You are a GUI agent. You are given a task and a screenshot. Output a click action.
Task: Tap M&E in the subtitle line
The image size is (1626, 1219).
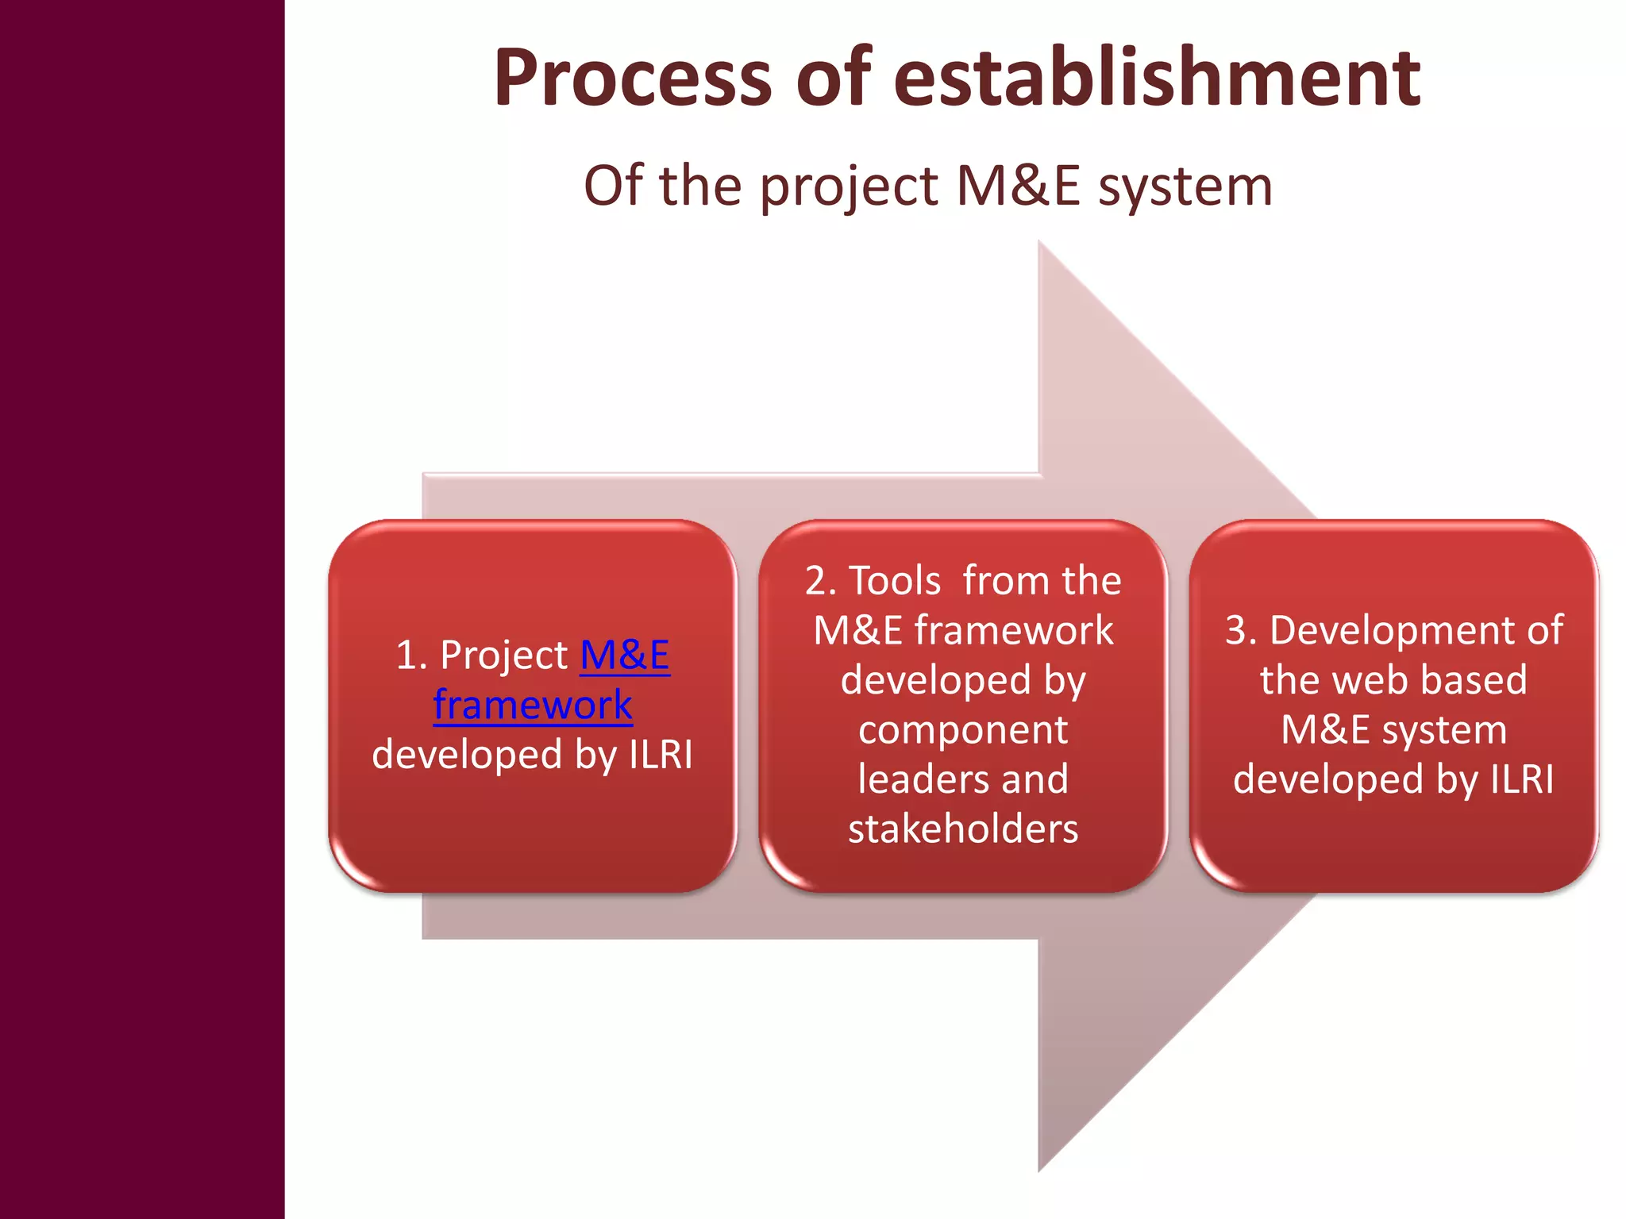1018,186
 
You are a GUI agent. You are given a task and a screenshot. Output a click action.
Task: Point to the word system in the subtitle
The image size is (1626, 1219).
1185,187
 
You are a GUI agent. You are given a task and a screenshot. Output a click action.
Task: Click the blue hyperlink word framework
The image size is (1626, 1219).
533,705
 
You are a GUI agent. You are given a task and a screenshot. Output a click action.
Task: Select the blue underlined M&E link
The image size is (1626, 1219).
625,656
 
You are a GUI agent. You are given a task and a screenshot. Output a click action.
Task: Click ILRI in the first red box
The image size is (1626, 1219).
661,754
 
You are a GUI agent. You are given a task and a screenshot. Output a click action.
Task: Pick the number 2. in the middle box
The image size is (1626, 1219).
820,581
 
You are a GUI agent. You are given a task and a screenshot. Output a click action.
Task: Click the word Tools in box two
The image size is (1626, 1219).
895,581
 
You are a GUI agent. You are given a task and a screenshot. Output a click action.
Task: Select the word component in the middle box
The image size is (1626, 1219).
962,730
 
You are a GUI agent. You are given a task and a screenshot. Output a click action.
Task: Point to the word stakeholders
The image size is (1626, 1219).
962,829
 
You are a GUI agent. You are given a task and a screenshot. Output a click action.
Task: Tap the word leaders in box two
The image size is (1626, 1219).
911,779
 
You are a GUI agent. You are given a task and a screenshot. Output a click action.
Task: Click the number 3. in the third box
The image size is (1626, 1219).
1241,631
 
